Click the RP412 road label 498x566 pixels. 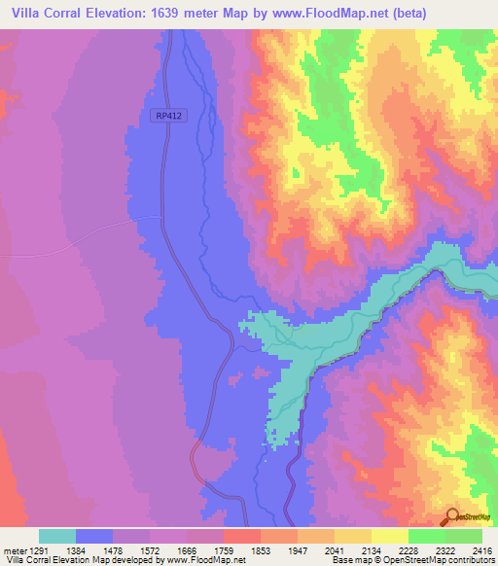coord(167,115)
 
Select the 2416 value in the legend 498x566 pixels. coord(482,549)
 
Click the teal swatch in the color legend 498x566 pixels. coord(57,536)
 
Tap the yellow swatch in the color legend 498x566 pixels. coord(390,536)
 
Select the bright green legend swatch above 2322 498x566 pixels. coord(427,536)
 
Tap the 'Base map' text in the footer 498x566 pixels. coord(352,561)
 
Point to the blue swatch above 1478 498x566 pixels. coord(94,536)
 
